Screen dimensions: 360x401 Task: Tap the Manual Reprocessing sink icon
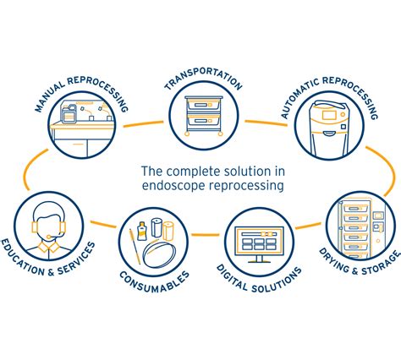click(x=82, y=130)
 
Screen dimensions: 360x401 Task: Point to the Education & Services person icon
click(x=45, y=225)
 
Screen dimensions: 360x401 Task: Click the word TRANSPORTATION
click(x=203, y=83)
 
